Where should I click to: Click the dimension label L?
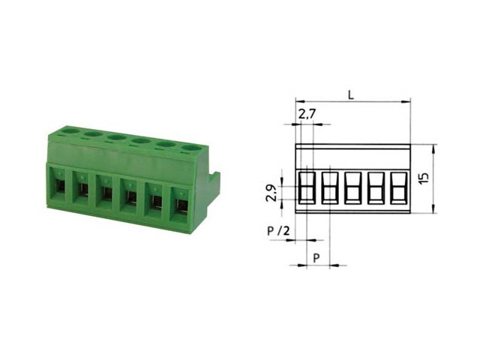point(351,95)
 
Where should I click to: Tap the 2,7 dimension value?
point(307,115)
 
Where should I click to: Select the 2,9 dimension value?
point(271,193)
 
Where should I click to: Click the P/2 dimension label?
point(278,230)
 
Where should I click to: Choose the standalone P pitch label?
point(316,258)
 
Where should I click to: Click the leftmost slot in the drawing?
point(307,187)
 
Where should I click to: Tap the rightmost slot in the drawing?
point(399,187)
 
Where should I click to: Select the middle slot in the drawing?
point(353,187)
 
